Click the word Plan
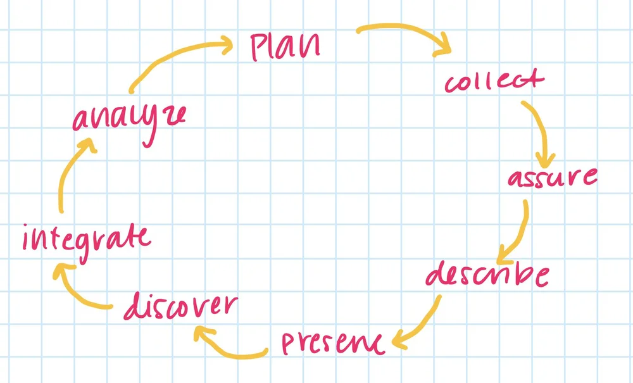pyautogui.click(x=285, y=46)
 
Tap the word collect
pyautogui.click(x=494, y=82)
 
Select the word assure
pyautogui.click(x=552, y=178)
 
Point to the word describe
pyautogui.click(x=486, y=277)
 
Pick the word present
pyautogui.click(x=332, y=342)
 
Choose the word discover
pyautogui.click(x=180, y=308)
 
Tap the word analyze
pyautogui.click(x=129, y=119)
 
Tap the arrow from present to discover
pyautogui.click(x=231, y=345)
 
